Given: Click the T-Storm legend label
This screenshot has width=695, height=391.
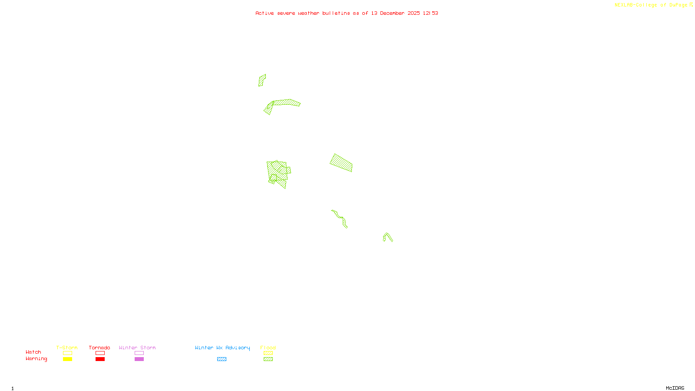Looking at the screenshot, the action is click(x=67, y=348).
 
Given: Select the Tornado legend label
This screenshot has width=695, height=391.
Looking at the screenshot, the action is click(x=99, y=348).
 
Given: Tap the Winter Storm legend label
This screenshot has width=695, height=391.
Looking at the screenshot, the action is click(x=137, y=348).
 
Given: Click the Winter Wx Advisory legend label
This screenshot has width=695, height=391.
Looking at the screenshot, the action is click(x=222, y=348).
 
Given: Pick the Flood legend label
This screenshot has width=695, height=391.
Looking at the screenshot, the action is click(x=268, y=348).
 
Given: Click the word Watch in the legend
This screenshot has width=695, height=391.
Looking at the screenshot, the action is click(x=33, y=352).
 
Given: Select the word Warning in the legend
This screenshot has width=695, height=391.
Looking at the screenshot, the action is click(x=36, y=359).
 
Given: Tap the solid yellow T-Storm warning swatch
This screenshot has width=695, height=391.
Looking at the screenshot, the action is click(x=67, y=359).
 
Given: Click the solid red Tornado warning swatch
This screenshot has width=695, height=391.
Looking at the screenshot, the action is click(x=100, y=359).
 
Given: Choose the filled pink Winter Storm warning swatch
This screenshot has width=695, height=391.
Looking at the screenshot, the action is click(x=139, y=359).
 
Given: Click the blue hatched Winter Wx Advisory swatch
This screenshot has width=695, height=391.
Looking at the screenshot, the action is click(x=222, y=359).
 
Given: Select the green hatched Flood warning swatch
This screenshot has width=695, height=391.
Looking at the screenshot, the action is click(x=268, y=359).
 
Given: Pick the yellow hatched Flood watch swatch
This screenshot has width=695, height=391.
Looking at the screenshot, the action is click(x=268, y=353).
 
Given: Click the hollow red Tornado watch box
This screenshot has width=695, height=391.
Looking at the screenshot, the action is click(x=100, y=353).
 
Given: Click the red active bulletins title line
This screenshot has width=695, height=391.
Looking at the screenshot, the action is click(x=347, y=13).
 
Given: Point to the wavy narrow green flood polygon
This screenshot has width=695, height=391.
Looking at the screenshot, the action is click(x=340, y=218).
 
